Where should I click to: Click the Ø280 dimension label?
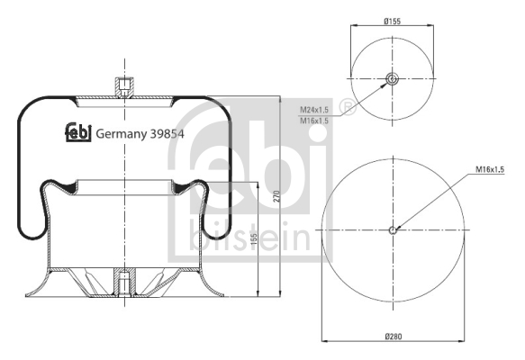pyautogui.click(x=392, y=337)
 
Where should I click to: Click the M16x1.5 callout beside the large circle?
pyautogui.click(x=493, y=169)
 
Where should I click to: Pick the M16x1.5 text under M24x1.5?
pyautogui.click(x=313, y=120)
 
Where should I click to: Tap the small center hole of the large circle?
pyautogui.click(x=393, y=229)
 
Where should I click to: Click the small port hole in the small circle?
pyautogui.click(x=392, y=79)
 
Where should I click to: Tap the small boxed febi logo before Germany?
pyautogui.click(x=77, y=132)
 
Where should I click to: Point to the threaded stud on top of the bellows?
pyautogui.click(x=122, y=86)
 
